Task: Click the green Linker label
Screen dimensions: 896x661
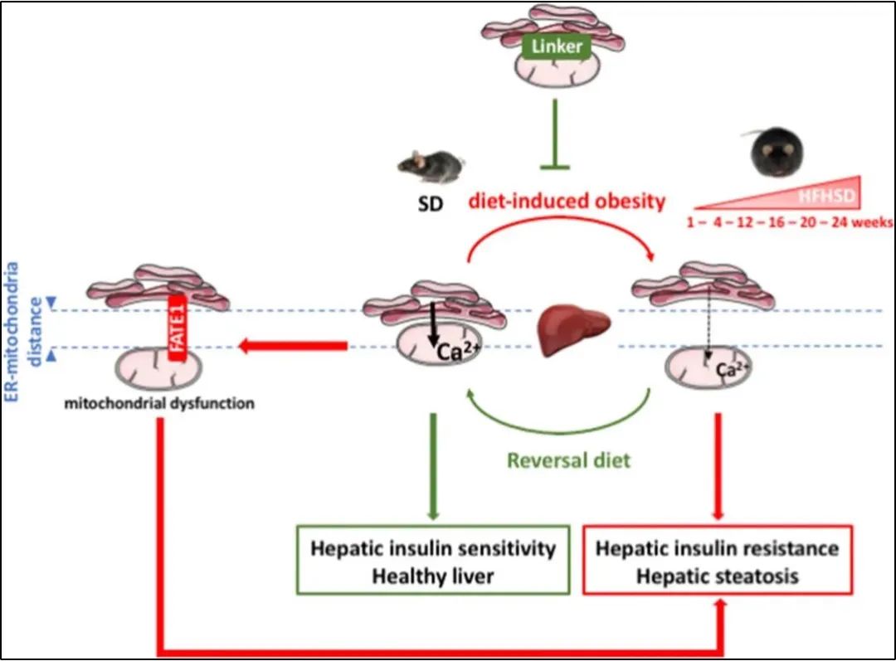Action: tap(557, 46)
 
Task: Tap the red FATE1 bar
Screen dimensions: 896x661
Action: tap(178, 328)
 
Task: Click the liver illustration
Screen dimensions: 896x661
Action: tap(573, 329)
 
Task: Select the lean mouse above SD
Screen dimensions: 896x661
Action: tap(431, 166)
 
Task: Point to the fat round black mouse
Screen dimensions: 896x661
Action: tap(776, 152)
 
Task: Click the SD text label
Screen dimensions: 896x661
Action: tap(431, 204)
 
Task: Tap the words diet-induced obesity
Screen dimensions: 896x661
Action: tap(567, 201)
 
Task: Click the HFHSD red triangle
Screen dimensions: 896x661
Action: tap(778, 193)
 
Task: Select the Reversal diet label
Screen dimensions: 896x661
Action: tap(568, 460)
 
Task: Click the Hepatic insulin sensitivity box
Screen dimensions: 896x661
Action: tap(433, 560)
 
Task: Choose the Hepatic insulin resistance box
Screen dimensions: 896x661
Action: tap(717, 560)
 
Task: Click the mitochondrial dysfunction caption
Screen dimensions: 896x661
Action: tap(159, 403)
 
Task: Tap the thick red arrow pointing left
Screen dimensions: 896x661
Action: tap(293, 346)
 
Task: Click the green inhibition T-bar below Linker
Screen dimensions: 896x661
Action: tap(555, 134)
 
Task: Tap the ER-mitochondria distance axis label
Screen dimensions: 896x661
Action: tap(23, 332)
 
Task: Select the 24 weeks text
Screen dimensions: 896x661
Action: tap(862, 222)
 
